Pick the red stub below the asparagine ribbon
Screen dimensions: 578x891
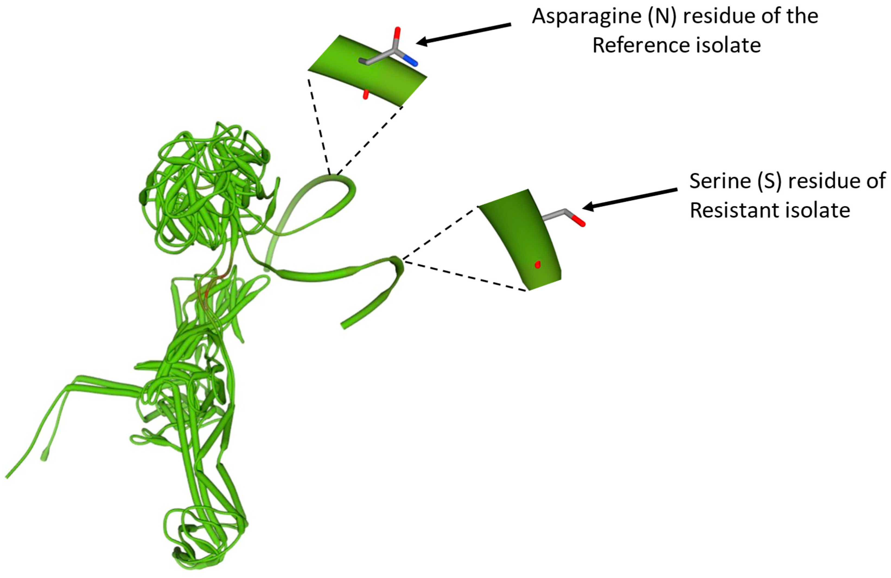tap(366, 95)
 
